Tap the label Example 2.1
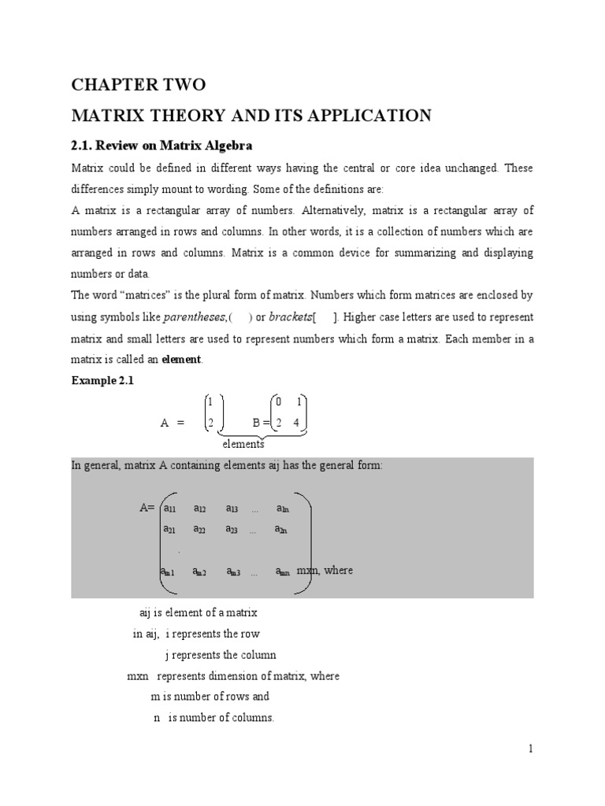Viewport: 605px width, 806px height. [x=102, y=381]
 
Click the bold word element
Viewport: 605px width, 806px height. [x=181, y=359]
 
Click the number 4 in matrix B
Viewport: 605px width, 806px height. [x=297, y=423]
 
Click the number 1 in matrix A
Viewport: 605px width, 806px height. [x=210, y=401]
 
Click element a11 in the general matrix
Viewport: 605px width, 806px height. [x=169, y=509]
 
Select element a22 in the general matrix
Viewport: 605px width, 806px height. [x=199, y=530]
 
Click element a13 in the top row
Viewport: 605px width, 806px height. [x=232, y=509]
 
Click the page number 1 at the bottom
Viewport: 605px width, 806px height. [x=531, y=749]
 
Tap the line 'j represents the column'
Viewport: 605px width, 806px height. [x=220, y=654]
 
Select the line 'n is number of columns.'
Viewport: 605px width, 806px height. [x=213, y=717]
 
